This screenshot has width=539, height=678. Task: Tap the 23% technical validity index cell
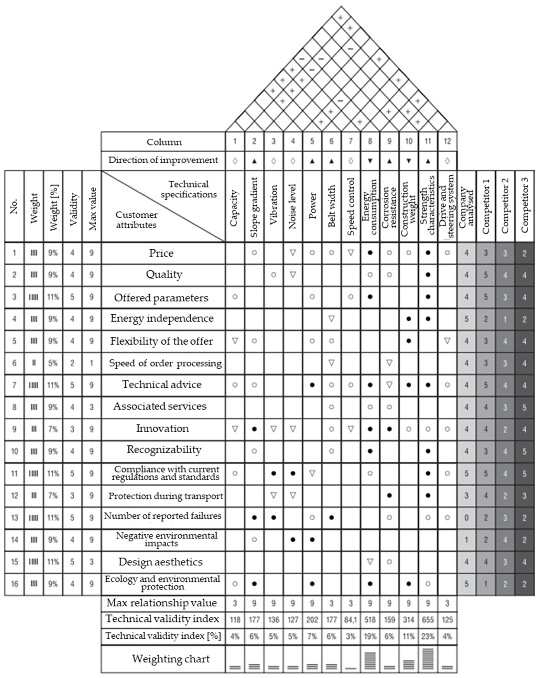[x=428, y=636]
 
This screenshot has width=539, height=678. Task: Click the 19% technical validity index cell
[x=370, y=636]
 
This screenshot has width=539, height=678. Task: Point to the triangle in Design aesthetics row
[x=370, y=561]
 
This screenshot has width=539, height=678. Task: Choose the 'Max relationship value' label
[x=162, y=603]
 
